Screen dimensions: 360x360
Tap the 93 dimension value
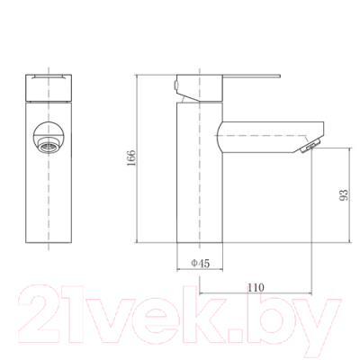(x=344, y=195)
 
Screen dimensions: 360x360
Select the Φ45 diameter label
(x=201, y=264)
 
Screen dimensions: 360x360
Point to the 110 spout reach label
(x=256, y=287)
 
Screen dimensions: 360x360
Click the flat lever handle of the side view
(x=251, y=76)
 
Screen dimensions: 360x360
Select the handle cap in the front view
(x=49, y=87)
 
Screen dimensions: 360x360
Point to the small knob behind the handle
(x=175, y=84)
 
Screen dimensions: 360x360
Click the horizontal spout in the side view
(x=270, y=137)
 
